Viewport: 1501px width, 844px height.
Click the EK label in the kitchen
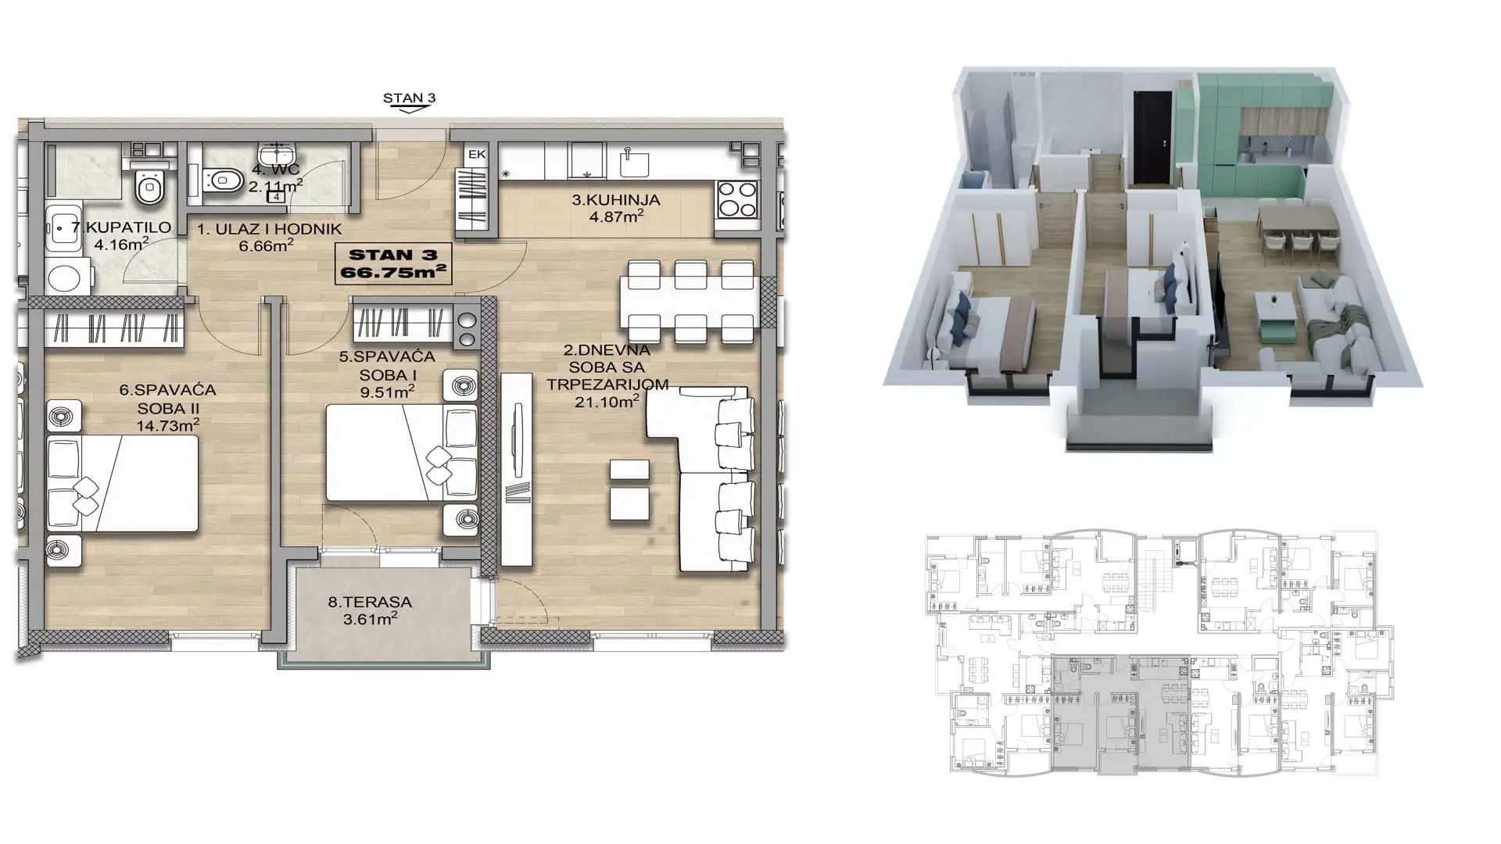[x=476, y=155]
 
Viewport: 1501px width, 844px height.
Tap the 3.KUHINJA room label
[x=616, y=200]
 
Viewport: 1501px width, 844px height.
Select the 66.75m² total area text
[x=393, y=273]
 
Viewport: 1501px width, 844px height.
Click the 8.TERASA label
[x=370, y=603]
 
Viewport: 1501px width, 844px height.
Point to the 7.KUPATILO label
[x=121, y=227]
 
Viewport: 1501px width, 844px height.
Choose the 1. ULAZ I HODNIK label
[x=269, y=230]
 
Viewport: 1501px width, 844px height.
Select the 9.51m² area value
[x=387, y=392]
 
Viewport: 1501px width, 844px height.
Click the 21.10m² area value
[x=607, y=402]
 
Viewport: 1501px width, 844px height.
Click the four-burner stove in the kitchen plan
[x=737, y=198]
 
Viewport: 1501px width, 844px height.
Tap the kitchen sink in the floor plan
[x=635, y=162]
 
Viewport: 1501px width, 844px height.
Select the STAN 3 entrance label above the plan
[x=409, y=98]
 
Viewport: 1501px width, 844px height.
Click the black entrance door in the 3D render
[x=1153, y=135]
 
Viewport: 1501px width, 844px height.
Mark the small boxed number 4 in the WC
[x=276, y=197]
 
